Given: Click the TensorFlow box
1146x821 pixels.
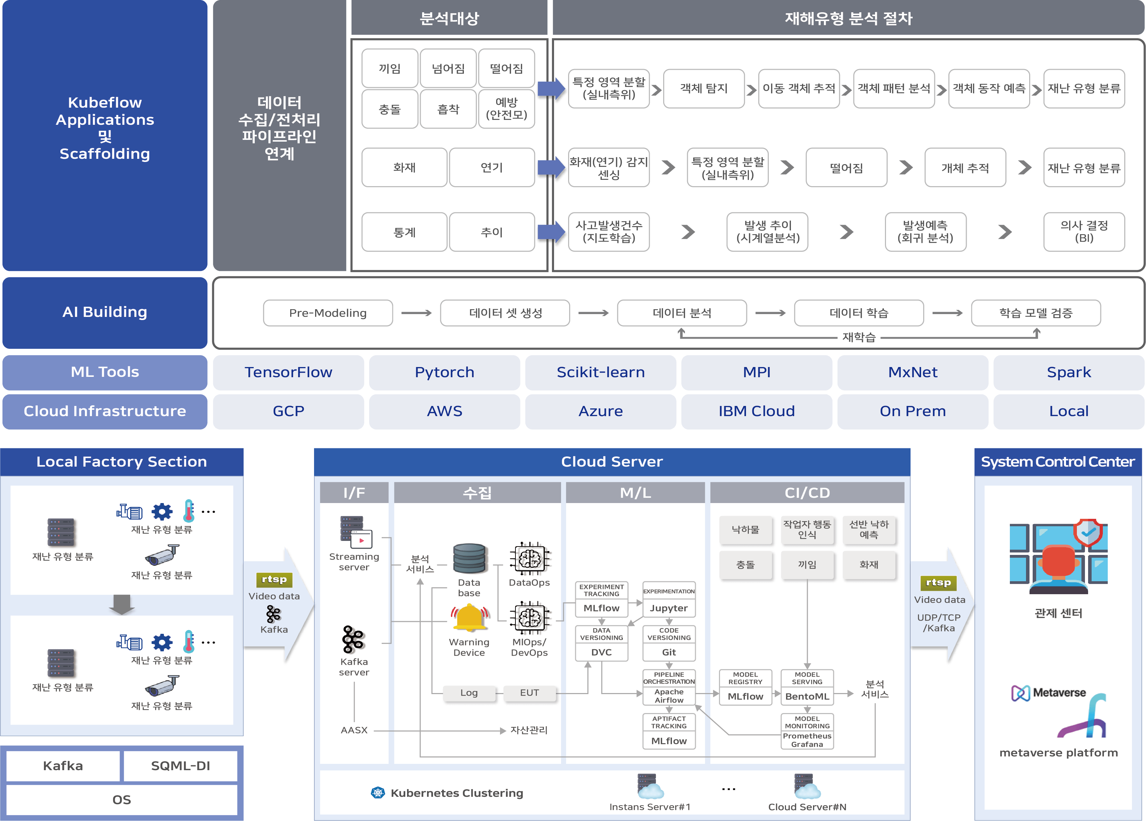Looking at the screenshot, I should [288, 372].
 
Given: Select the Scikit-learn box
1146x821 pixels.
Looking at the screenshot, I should [600, 372].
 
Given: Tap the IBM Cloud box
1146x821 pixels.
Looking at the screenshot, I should [757, 411].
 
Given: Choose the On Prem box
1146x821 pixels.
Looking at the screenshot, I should [913, 411].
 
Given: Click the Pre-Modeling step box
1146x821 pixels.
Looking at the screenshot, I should [328, 313].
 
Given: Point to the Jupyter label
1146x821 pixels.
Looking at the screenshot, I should [668, 608].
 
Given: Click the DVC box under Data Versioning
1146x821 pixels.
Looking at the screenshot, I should [601, 652].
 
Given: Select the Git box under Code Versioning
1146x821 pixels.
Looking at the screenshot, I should [668, 652].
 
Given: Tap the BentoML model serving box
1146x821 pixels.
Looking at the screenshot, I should [807, 696].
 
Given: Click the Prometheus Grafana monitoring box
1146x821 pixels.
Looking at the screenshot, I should [807, 740].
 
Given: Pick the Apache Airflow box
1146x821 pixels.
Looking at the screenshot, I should [668, 696].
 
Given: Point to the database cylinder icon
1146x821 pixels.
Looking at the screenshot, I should [469, 558].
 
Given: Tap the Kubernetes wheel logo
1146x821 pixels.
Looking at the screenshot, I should [378, 793].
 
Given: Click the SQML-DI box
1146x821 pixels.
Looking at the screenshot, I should [180, 766].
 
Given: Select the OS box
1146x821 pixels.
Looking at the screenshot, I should [122, 800].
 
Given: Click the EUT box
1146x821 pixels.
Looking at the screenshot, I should [529, 693].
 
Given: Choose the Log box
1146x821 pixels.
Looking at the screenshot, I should [469, 693].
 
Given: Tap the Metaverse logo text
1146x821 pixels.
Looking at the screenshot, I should [1059, 693].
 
